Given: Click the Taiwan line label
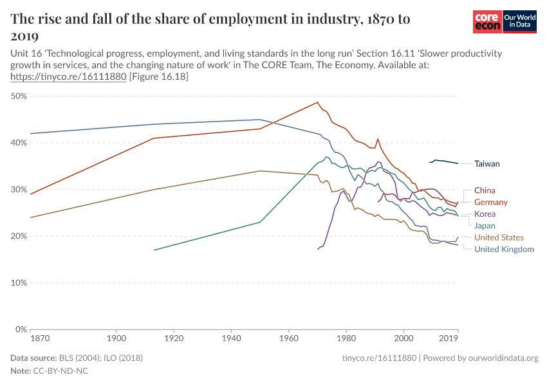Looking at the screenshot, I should (487, 164).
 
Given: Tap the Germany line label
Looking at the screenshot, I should (491, 202).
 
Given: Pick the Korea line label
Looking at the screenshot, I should (485, 214).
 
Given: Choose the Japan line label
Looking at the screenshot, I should (485, 226).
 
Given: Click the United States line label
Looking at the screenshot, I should (499, 237).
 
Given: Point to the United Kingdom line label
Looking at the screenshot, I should (504, 249).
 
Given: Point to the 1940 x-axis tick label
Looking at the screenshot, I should (231, 338).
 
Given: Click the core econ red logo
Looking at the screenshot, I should (487, 23).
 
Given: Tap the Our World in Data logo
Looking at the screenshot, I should (520, 23).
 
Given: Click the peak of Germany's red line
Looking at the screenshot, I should (317, 102).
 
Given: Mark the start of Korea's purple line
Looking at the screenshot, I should (318, 248).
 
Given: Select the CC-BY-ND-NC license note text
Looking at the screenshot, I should (62, 371).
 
